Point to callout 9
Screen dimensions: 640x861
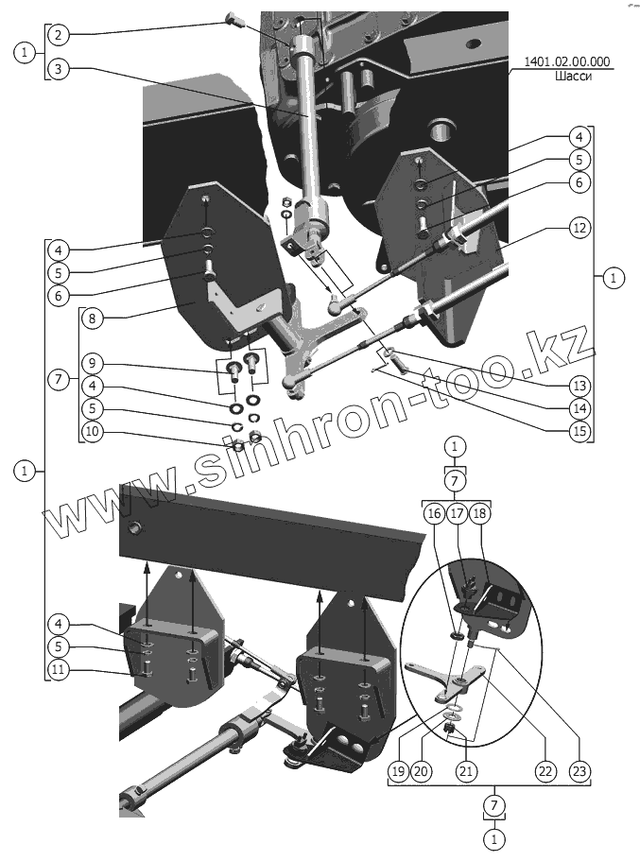(x=91, y=362)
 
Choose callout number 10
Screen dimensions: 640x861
(x=91, y=432)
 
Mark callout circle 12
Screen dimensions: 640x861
(x=579, y=228)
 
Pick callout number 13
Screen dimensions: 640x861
(x=579, y=385)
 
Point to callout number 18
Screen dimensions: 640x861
(x=481, y=513)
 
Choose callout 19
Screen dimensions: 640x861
(x=398, y=771)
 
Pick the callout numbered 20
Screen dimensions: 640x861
(x=422, y=771)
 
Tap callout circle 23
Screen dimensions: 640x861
(x=579, y=771)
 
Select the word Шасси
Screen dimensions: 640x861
(x=573, y=78)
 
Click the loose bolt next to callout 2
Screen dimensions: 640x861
(x=234, y=19)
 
